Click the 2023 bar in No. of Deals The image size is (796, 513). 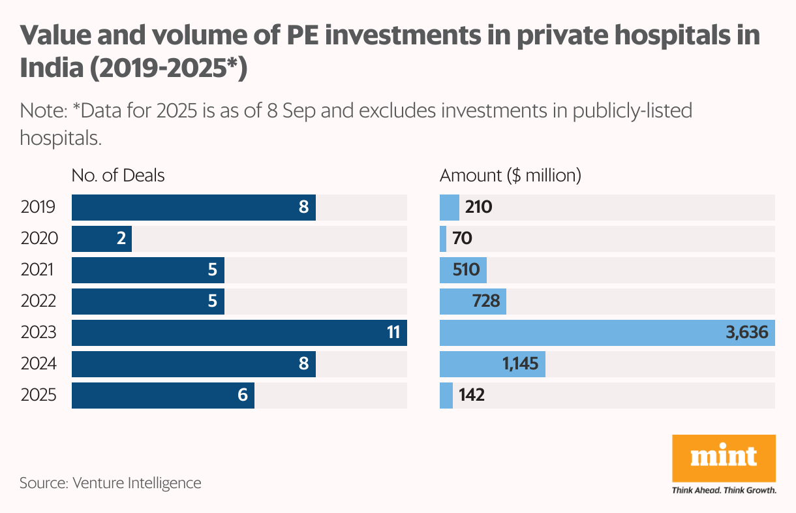[x=239, y=333]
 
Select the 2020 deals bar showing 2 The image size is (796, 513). [x=101, y=239]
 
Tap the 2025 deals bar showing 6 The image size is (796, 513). [x=162, y=396]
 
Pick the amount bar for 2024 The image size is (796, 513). [x=492, y=364]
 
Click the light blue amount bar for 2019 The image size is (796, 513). [x=450, y=208]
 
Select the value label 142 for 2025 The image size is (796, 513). [x=471, y=396]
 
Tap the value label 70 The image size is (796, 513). [x=462, y=239]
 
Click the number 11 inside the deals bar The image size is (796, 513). [x=393, y=333]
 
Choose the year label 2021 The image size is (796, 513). [x=37, y=270]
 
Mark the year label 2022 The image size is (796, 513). [x=38, y=302]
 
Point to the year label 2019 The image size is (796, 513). [x=37, y=208]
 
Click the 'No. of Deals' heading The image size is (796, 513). [x=118, y=176]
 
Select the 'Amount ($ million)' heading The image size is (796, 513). [x=510, y=176]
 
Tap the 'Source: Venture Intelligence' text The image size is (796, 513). [x=110, y=483]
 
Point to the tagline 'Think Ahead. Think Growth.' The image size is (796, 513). [x=724, y=490]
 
